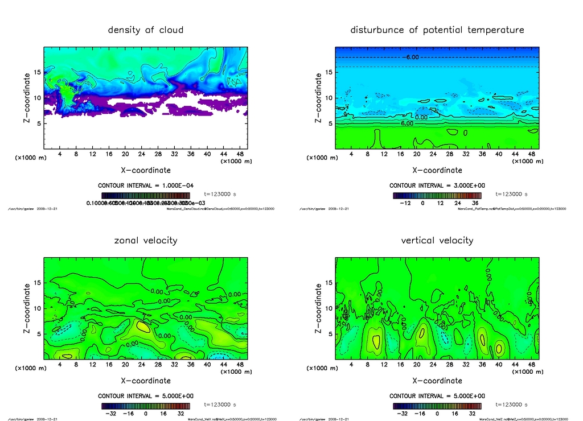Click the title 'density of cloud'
coord(146,30)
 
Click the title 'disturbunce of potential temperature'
coord(437,30)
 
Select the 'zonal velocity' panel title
coord(146,240)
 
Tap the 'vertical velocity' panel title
coord(437,240)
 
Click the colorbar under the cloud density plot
coord(145,195)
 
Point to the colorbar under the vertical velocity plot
coord(437,406)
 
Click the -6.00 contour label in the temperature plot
coord(412,57)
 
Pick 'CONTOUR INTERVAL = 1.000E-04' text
coord(146,186)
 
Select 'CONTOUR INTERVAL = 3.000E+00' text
coord(437,186)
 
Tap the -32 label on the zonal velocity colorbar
coord(112,414)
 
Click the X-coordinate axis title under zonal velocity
coord(146,381)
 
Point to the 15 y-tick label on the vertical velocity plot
coord(329,283)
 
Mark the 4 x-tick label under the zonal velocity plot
coord(60,365)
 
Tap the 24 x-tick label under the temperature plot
coord(433,154)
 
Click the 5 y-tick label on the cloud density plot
coord(39,123)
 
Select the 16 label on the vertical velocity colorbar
coord(459,414)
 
